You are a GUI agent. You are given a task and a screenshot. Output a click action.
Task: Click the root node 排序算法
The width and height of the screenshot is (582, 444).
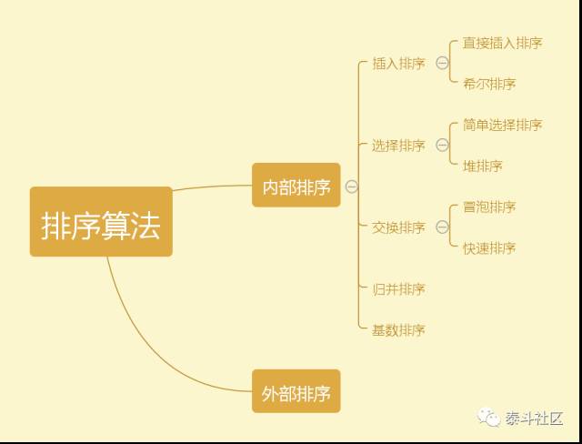pos(101,222)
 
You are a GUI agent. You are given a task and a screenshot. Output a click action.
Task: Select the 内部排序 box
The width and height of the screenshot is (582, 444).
pos(296,186)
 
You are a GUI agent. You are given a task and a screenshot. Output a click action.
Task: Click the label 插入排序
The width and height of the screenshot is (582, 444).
pos(398,64)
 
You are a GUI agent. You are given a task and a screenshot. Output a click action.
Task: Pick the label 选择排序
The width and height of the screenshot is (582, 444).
pos(398,146)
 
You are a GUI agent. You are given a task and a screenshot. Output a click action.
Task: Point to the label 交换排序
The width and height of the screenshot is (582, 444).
pos(398,227)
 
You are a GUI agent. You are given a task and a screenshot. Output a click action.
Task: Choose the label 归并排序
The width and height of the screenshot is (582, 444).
pos(398,289)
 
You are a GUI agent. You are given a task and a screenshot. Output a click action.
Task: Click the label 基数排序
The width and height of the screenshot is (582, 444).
pos(398,329)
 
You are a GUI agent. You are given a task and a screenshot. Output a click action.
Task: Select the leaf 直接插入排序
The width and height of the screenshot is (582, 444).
pos(502,43)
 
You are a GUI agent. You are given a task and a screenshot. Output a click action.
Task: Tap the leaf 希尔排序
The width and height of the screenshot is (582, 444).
pos(488,84)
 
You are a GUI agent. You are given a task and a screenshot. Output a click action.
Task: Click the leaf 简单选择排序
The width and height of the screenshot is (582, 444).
pos(502,125)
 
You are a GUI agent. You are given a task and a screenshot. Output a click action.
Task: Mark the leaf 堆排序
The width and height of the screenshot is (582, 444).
pos(482,166)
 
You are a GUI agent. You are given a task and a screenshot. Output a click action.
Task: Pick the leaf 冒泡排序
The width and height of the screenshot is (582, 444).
pos(488,207)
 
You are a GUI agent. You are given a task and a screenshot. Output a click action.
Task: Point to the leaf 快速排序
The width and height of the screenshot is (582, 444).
pos(488,247)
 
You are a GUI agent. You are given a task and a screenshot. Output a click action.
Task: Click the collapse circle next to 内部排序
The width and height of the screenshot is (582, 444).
pos(351,187)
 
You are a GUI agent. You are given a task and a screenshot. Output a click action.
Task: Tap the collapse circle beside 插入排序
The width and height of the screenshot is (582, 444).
pos(442,64)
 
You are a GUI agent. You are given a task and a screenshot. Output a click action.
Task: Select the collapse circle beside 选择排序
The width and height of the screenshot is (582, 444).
pos(442,146)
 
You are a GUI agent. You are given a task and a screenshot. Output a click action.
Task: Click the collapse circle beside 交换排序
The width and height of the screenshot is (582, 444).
pos(442,227)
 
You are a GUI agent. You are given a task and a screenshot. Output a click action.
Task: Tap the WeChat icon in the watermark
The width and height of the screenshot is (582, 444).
pos(491,419)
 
